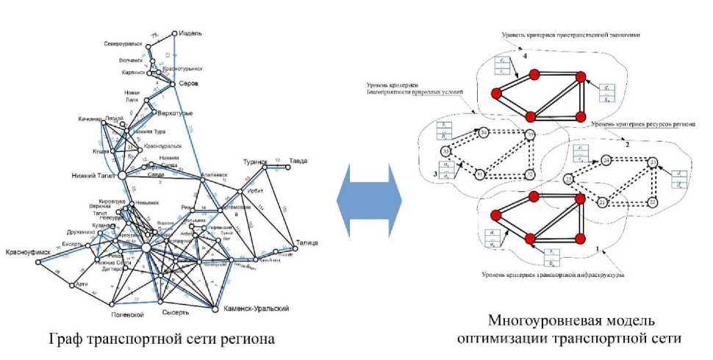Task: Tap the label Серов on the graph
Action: [190, 84]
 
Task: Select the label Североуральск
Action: [124, 43]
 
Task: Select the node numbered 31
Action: [479, 175]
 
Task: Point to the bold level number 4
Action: [524, 55]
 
